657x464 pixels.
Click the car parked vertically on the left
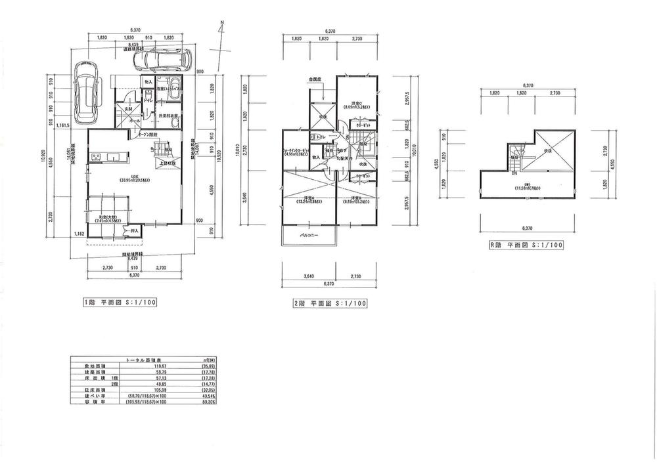pos(85,92)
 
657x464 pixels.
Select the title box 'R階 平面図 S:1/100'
pos(525,246)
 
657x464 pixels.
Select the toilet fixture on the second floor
pos(315,137)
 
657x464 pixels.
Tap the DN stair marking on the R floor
pos(514,173)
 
